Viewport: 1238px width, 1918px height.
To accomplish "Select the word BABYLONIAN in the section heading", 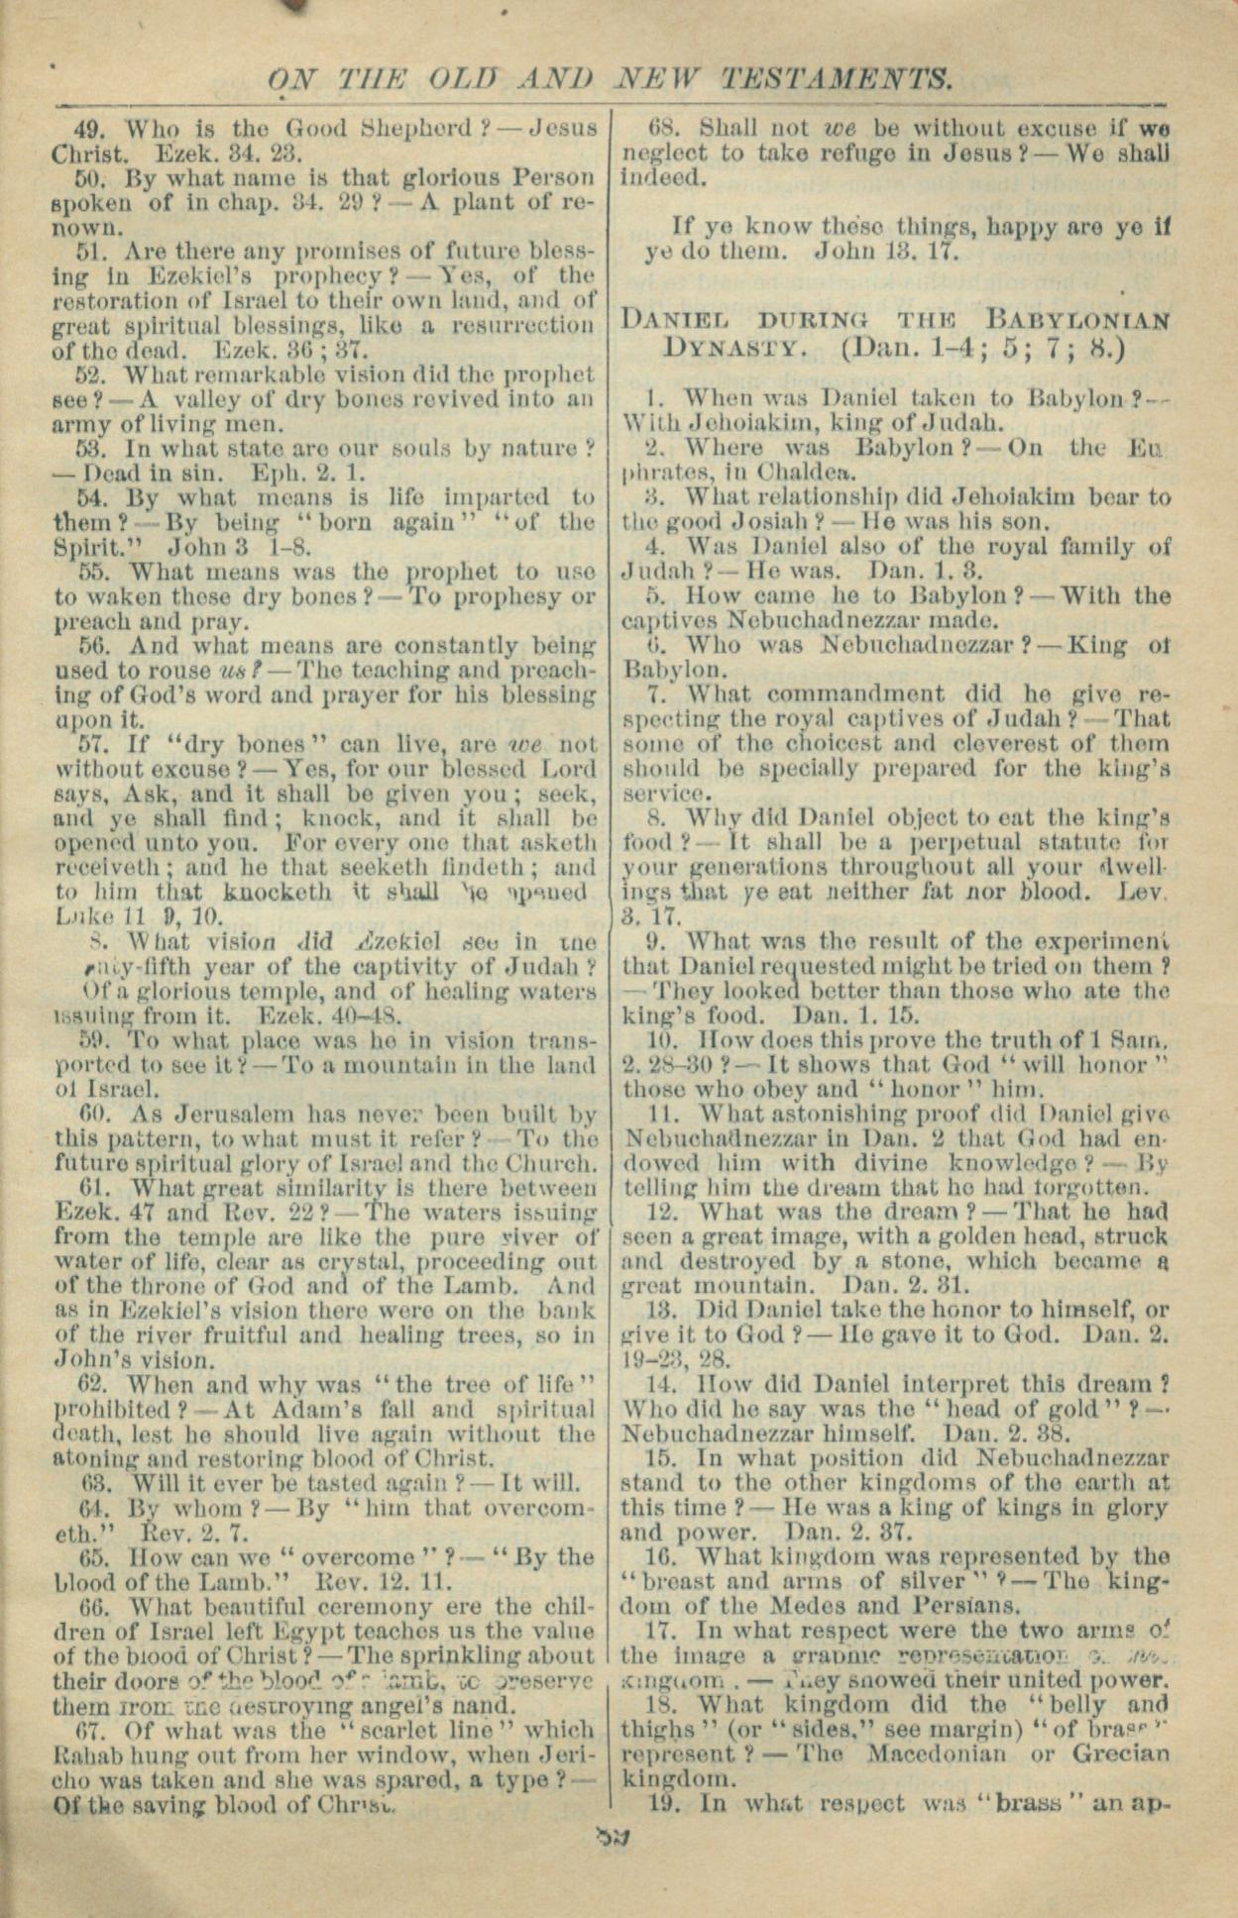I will (x=1078, y=321).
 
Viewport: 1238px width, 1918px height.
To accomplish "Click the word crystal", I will (x=363, y=1262).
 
